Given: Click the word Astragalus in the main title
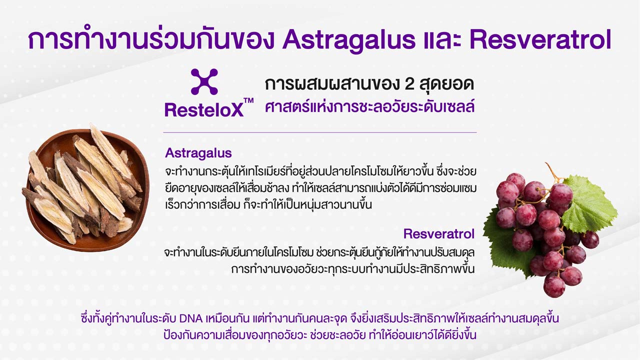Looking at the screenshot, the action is pos(348,40).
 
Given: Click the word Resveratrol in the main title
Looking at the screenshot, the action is pos(540,39).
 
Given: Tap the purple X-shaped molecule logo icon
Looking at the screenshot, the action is pos(204,81).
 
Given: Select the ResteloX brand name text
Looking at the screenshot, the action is pos(204,110).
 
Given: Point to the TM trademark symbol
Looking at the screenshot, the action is pos(248,100).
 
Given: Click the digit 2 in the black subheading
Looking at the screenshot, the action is pos(409,84).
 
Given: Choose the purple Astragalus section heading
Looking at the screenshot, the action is pos(198,153).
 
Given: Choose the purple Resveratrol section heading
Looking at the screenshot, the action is pos(439,233).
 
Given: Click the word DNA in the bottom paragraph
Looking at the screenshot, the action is pos(191,318).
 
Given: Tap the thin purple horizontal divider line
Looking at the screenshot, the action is pos(320,132).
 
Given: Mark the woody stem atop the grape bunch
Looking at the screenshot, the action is pos(553,172).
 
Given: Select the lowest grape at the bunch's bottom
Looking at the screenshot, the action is pos(554,286).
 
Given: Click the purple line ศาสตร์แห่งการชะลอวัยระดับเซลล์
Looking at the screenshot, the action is pos(369,107).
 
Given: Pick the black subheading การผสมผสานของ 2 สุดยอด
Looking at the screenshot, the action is pos(369,84).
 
